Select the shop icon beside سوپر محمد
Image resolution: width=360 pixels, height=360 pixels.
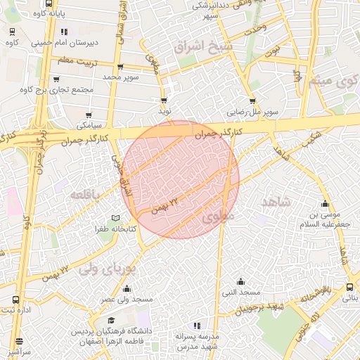(120, 67)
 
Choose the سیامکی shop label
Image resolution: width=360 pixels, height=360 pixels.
(89, 124)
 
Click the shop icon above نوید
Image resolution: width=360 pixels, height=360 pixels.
(165, 100)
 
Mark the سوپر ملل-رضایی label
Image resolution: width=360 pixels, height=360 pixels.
(252, 112)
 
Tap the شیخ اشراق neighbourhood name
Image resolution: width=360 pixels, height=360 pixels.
(198, 47)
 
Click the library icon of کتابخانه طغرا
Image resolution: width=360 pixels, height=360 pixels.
(116, 218)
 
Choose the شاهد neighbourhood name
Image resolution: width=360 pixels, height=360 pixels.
(276, 202)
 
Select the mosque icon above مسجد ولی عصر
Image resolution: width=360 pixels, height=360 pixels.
(127, 288)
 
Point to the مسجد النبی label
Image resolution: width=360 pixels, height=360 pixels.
(241, 292)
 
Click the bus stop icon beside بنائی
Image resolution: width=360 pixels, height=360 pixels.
(350, 287)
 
